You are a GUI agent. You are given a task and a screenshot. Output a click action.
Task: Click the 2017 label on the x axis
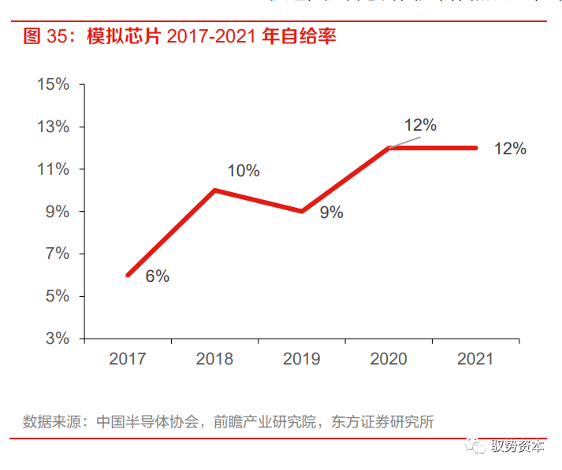click(128, 359)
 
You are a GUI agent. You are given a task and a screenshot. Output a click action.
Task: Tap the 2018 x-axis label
click(214, 359)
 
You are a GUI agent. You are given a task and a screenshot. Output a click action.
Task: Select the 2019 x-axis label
click(301, 359)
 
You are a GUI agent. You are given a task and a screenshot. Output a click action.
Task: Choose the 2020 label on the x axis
click(389, 359)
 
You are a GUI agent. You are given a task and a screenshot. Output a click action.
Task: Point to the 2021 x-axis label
click(475, 359)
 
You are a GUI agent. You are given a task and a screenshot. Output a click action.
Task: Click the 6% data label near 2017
click(157, 276)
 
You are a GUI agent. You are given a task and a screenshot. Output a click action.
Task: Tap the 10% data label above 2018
click(244, 171)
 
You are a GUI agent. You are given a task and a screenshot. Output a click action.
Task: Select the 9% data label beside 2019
click(331, 213)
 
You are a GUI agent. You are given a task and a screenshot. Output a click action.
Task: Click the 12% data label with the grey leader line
click(420, 125)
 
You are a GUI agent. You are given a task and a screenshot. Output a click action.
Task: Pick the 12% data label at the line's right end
click(510, 149)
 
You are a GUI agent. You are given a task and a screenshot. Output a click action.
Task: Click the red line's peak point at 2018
click(214, 191)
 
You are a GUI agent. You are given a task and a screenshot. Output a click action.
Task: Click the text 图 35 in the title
click(43, 36)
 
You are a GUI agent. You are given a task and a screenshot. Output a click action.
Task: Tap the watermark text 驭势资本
click(517, 446)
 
